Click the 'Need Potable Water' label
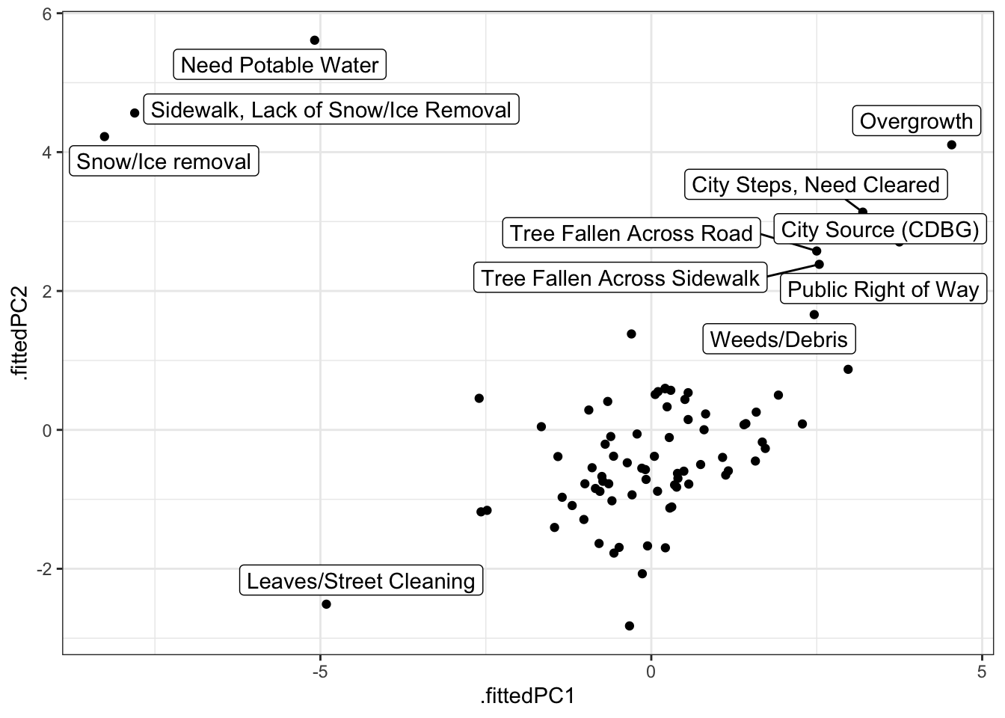click(280, 65)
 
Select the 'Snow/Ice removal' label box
click(164, 162)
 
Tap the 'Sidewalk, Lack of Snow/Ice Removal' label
click(331, 110)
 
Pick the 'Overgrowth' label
click(916, 121)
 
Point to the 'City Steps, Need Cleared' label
click(815, 185)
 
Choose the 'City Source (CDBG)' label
click(879, 230)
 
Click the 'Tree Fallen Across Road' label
click(630, 233)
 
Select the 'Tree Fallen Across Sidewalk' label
click(620, 278)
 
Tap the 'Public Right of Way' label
click(883, 289)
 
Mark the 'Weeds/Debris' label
click(778, 340)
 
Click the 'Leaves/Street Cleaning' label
click(360, 581)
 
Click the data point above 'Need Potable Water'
click(315, 40)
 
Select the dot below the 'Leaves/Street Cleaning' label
click(326, 604)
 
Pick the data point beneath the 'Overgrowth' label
click(951, 145)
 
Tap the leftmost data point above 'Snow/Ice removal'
click(105, 137)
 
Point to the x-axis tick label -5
click(319, 672)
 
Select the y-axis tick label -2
click(43, 569)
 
